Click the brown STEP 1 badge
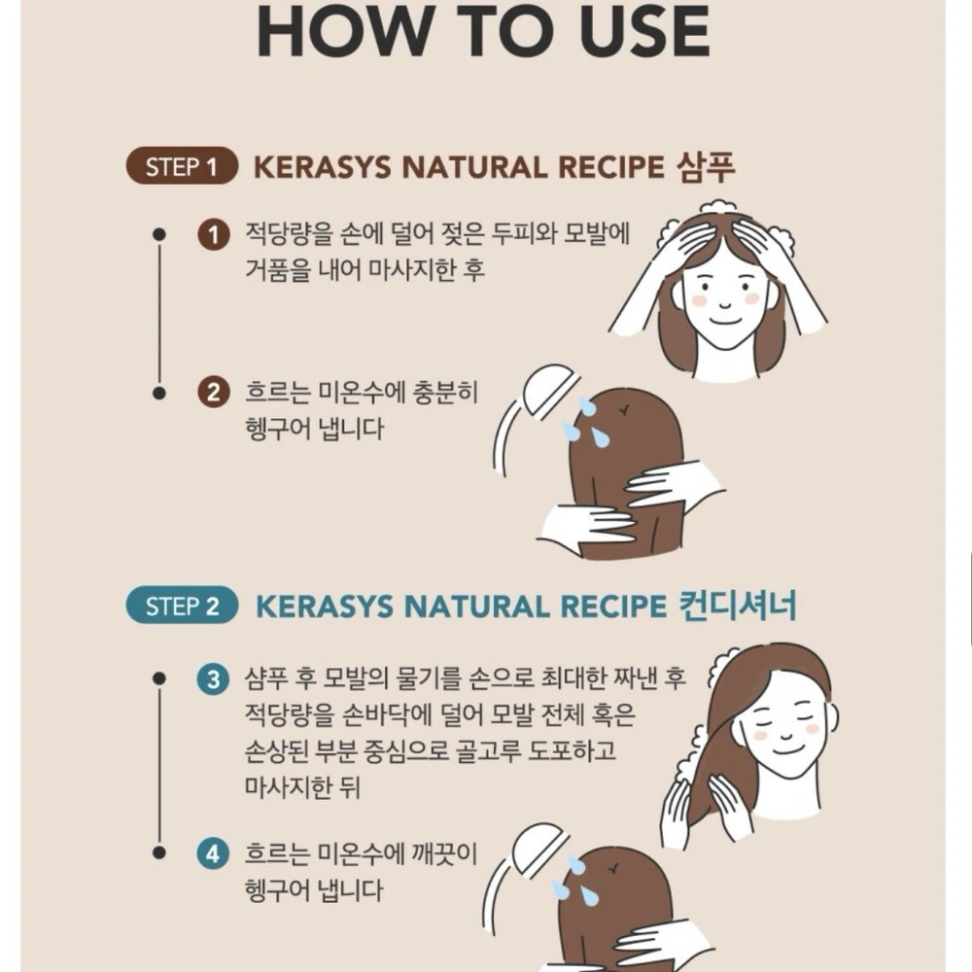coord(182,166)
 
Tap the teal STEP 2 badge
coord(182,605)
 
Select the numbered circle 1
coord(213,235)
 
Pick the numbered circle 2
coord(213,393)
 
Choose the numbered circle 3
coord(213,678)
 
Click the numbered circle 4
coord(213,853)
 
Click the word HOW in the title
coord(345,31)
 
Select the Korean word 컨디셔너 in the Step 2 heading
coord(737,605)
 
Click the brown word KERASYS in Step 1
coord(323,167)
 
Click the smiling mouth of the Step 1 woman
coord(725,322)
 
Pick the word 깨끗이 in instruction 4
coord(444,853)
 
